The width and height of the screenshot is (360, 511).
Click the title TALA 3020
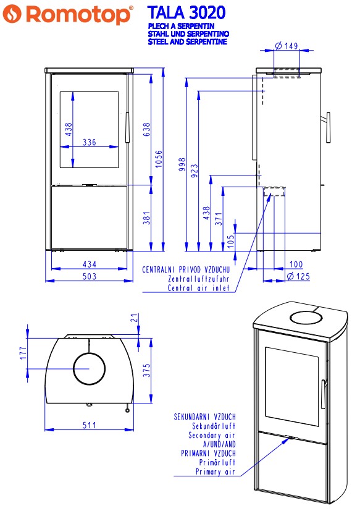[x=186, y=13]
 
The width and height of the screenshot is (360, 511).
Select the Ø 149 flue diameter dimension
[x=287, y=46]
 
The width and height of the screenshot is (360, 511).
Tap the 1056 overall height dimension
[x=159, y=159]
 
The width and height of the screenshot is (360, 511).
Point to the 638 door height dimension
[x=147, y=129]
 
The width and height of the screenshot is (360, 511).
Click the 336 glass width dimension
[x=90, y=142]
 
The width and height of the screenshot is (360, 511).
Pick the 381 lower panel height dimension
[x=147, y=218]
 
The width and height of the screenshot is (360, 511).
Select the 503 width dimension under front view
[x=90, y=276]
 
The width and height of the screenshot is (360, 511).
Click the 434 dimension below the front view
[x=90, y=264]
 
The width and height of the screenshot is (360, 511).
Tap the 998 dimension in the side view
[x=182, y=164]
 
